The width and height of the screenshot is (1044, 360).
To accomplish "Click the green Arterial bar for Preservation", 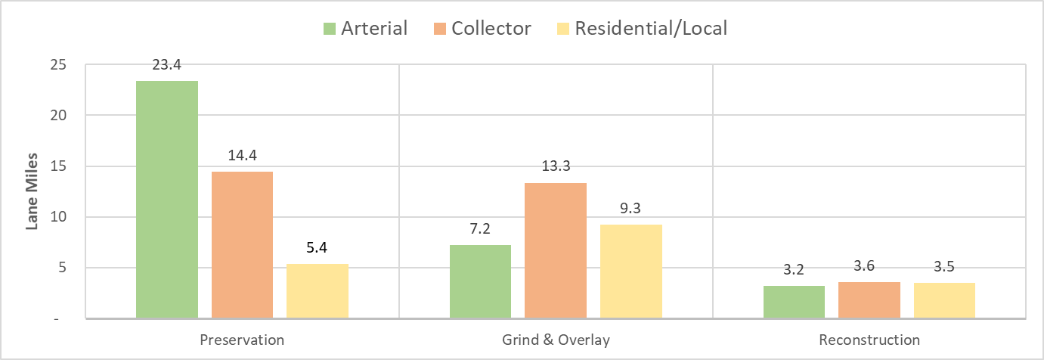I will point(167,200).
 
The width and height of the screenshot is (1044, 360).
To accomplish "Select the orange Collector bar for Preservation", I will point(242,245).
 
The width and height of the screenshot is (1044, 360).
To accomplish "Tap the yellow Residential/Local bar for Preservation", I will point(317,291).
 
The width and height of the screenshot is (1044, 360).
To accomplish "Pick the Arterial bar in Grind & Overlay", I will point(480,281).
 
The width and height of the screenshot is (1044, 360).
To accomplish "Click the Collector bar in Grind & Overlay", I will point(556,250).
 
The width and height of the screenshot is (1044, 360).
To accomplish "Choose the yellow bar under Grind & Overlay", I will point(630,272).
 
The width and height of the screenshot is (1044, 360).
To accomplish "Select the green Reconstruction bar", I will point(794,302).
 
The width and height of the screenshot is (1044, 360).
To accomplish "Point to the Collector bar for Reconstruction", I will point(869,300).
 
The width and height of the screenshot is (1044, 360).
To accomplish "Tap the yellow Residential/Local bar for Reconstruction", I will point(944,300).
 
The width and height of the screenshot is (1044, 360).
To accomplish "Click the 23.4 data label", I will point(167,67).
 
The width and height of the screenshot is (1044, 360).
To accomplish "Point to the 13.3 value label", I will point(556,167).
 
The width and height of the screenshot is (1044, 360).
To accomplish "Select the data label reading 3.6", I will point(869,266).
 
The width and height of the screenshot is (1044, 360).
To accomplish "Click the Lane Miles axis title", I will point(33,192).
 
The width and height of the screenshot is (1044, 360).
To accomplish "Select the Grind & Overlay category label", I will point(556,340).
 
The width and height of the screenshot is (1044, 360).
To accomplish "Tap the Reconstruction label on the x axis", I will point(869,340).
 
